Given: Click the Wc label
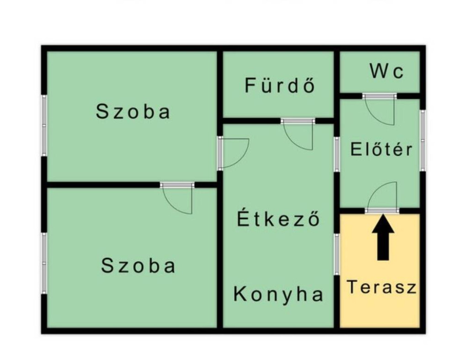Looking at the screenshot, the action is point(387,71).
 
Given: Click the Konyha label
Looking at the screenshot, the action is point(278,294).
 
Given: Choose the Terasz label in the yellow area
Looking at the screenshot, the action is point(382,287).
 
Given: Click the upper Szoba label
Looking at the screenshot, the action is point(133,111).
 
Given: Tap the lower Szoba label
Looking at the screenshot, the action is point(138,265).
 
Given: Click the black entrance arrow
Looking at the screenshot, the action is point(383,237).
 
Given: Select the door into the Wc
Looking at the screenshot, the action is point(380,109).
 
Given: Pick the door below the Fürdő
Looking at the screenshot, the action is point(298,134).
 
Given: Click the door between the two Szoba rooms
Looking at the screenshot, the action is point(177,199).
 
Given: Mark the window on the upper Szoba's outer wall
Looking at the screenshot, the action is point(44,125).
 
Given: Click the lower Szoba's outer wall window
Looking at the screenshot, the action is point(44,263).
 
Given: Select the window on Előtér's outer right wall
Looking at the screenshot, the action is point(423,140).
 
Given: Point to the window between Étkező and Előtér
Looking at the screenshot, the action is point(337,155).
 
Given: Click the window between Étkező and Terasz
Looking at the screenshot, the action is point(337,254).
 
